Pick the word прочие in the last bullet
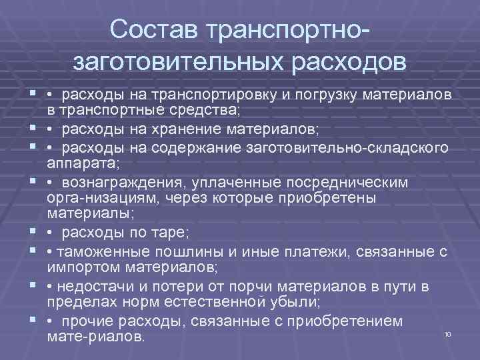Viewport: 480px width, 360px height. (89, 321)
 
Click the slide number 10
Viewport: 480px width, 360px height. (447, 333)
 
